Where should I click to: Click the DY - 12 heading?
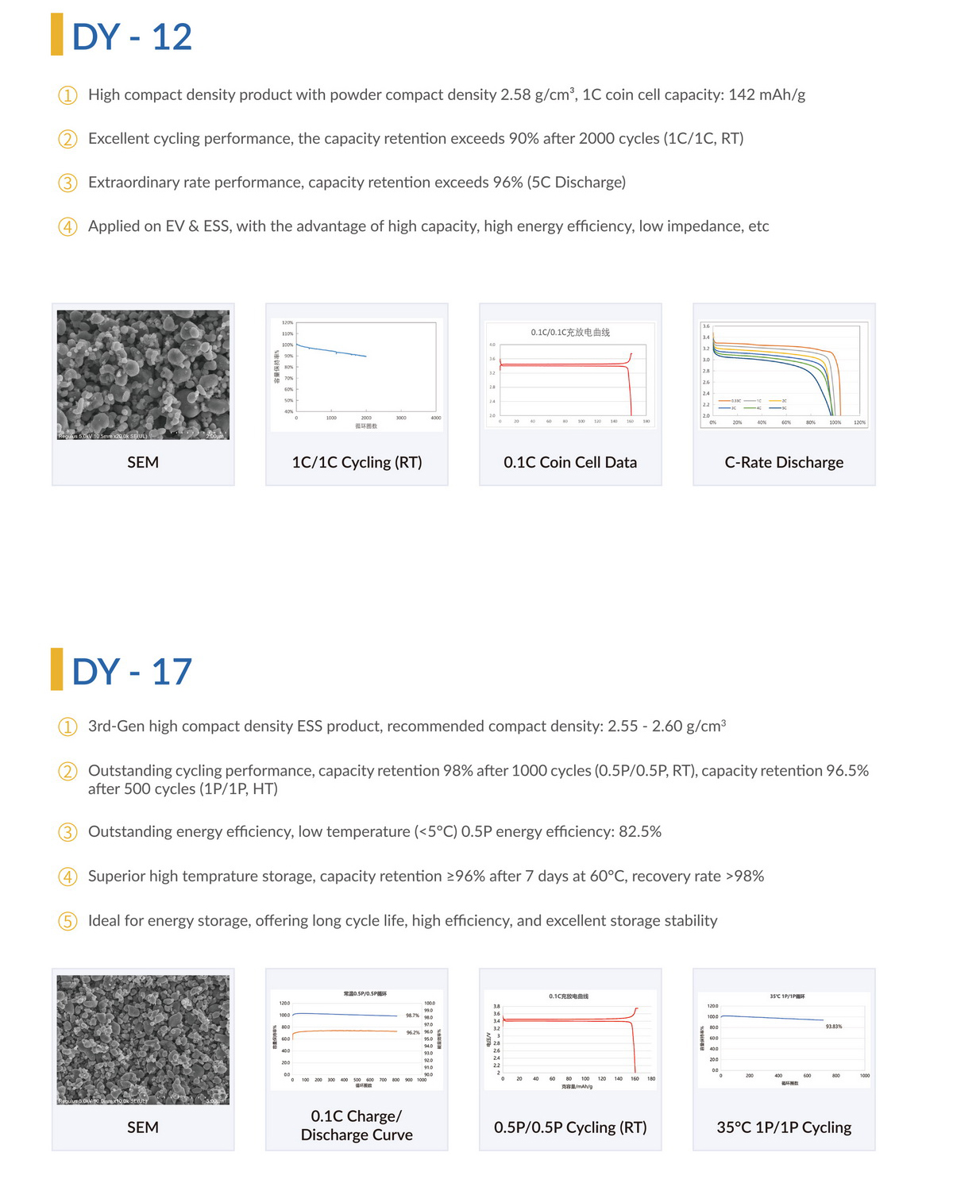pyautogui.click(x=132, y=37)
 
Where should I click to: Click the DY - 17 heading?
pyautogui.click(x=132, y=672)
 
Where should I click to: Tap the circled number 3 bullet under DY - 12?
pyautogui.click(x=68, y=183)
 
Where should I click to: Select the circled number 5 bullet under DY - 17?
pyautogui.click(x=68, y=922)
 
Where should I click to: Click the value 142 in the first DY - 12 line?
pyautogui.click(x=741, y=94)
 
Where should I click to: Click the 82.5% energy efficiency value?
pyautogui.click(x=640, y=831)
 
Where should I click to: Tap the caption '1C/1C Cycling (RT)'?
pyautogui.click(x=357, y=462)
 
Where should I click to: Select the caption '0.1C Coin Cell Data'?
pyautogui.click(x=570, y=462)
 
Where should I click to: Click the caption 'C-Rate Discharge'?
pyautogui.click(x=784, y=462)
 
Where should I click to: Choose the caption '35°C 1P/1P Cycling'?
pyautogui.click(x=784, y=1127)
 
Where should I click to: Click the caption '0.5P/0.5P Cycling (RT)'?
pyautogui.click(x=570, y=1127)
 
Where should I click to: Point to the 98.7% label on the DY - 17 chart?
pyautogui.click(x=413, y=1016)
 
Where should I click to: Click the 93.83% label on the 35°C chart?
pyautogui.click(x=834, y=1027)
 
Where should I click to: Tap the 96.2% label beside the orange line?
pyautogui.click(x=413, y=1033)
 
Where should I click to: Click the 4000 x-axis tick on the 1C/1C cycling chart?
pyautogui.click(x=436, y=418)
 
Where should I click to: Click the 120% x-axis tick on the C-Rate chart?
pyautogui.click(x=859, y=422)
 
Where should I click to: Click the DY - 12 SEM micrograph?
pyautogui.click(x=143, y=375)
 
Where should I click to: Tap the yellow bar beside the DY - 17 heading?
pyautogui.click(x=56, y=669)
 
